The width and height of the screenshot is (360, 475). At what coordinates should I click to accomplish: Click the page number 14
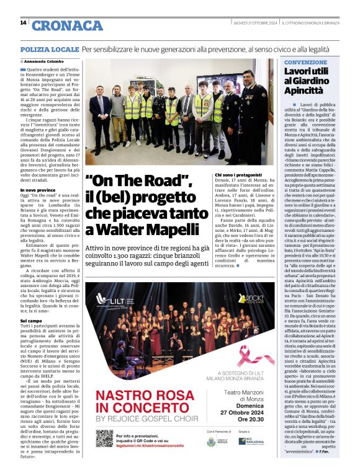point(23,23)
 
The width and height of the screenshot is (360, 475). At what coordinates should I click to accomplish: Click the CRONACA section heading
point(67,25)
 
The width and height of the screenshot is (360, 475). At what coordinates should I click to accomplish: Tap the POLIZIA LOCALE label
point(50,48)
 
